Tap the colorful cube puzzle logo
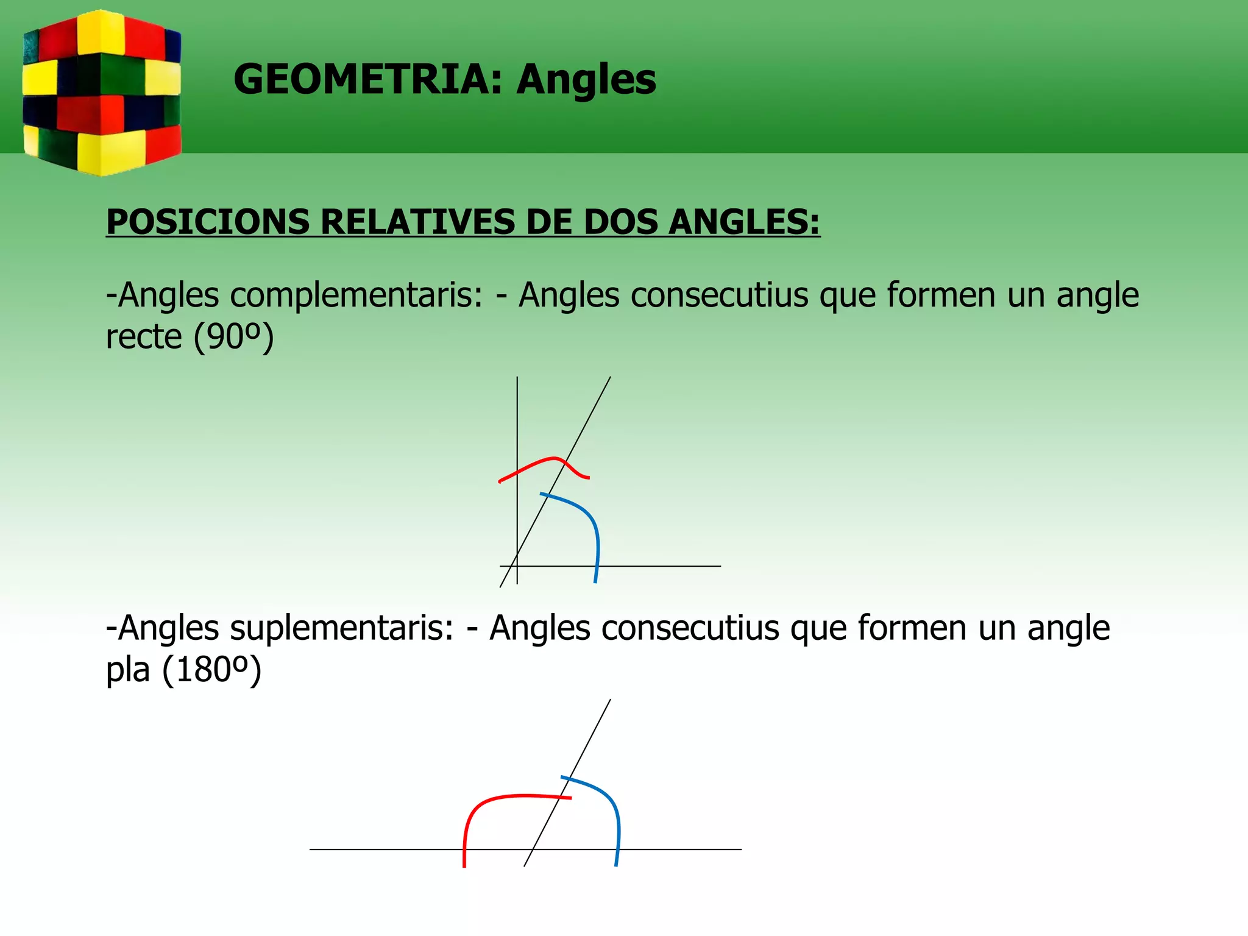pyautogui.click(x=102, y=93)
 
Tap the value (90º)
pyautogui.click(x=234, y=337)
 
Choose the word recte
pyautogui.click(x=144, y=337)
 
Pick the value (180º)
pyautogui.click(x=212, y=670)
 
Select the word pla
pyautogui.click(x=128, y=671)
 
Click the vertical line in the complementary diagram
pyautogui.click(x=517, y=427)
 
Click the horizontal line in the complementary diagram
pyautogui.click(x=658, y=566)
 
